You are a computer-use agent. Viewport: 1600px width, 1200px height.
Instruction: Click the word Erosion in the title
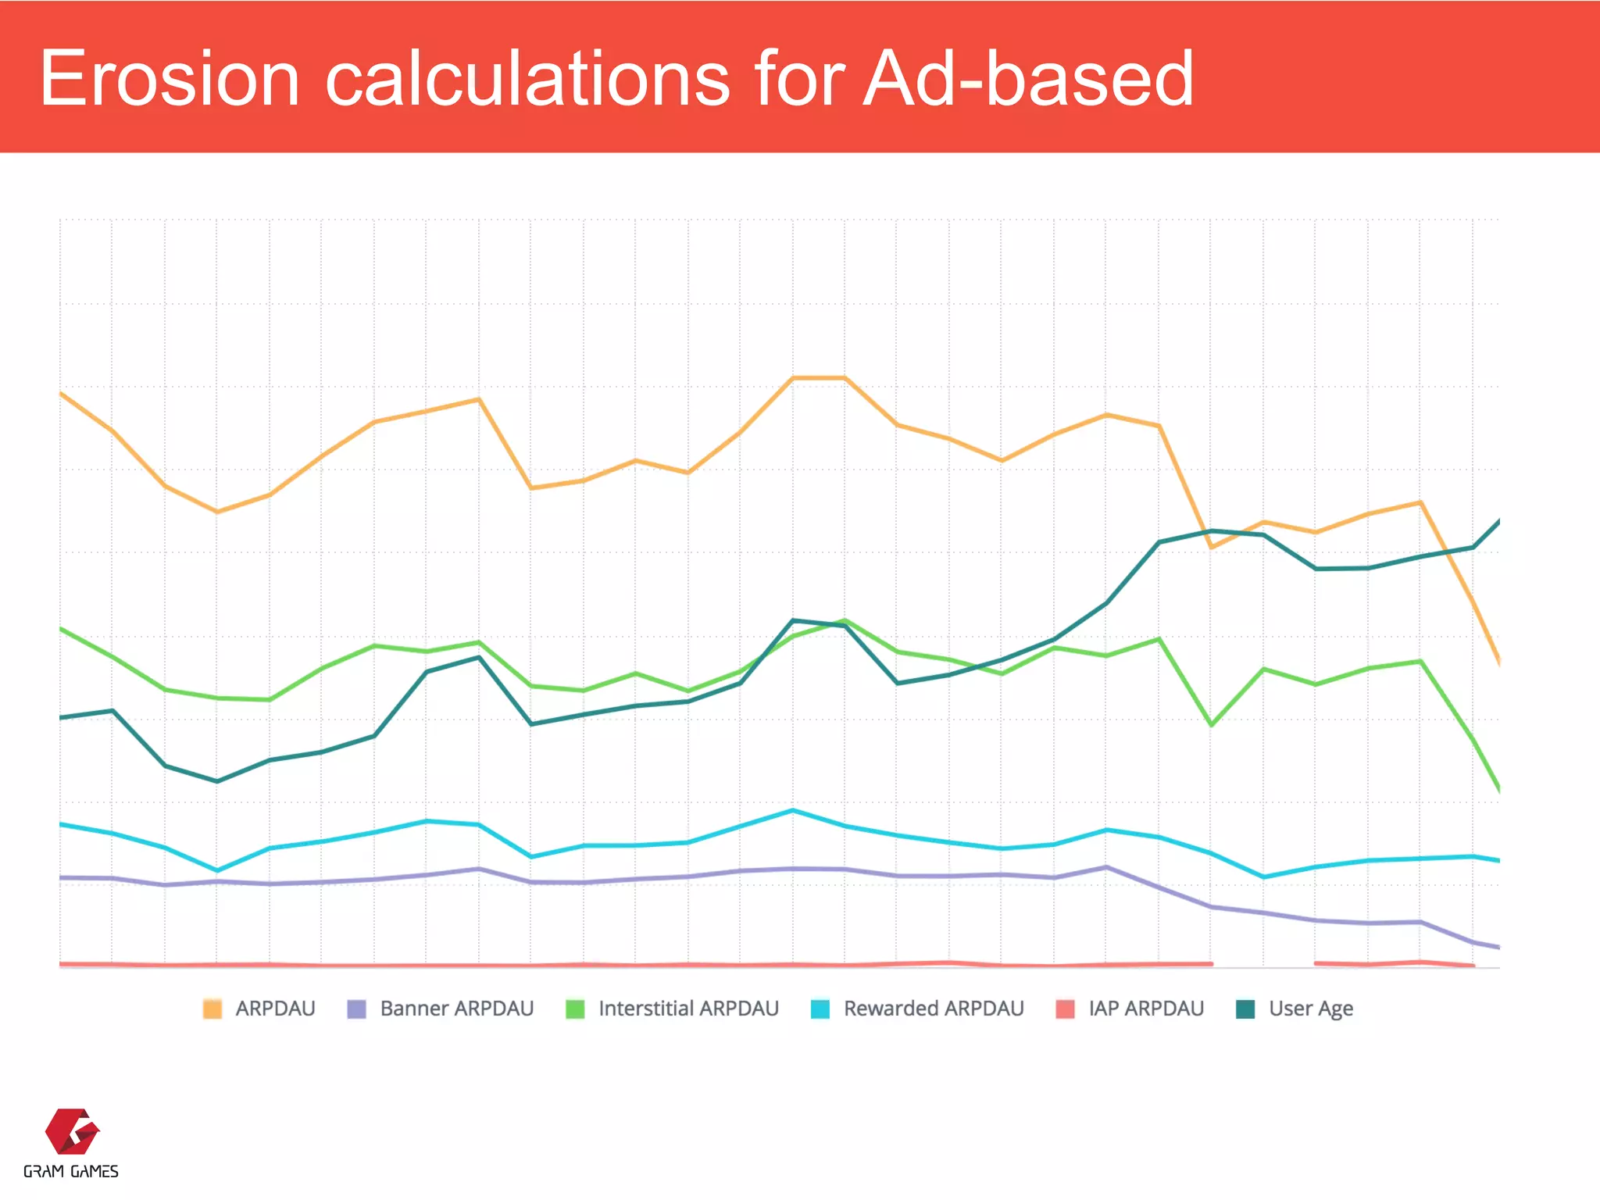[x=170, y=78]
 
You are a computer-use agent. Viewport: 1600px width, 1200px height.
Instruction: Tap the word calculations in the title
[x=527, y=78]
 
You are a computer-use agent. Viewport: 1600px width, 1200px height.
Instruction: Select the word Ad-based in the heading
[x=1028, y=78]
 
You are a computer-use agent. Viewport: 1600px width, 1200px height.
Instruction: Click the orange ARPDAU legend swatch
[x=212, y=1009]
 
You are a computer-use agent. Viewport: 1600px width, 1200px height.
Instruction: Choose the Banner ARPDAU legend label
[x=456, y=1009]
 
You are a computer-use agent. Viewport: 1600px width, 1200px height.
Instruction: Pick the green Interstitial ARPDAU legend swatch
[x=575, y=1009]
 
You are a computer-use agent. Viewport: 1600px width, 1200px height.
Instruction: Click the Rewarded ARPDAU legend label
[x=933, y=1009]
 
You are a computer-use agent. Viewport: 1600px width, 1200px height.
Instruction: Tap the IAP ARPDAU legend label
[x=1145, y=1009]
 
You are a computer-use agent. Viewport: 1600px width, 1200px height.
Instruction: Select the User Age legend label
[x=1310, y=1009]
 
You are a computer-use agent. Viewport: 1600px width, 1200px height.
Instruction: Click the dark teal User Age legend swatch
[x=1245, y=1009]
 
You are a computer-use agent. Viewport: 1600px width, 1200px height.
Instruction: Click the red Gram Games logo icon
[x=72, y=1130]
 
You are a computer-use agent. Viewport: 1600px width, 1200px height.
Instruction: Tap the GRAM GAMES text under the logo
[x=71, y=1171]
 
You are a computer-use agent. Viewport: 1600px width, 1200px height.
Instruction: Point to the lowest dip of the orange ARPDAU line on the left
[x=217, y=512]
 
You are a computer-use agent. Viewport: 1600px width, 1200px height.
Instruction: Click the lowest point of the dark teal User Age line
[x=217, y=781]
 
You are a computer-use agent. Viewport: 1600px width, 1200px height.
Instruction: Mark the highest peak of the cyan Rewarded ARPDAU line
[x=793, y=810]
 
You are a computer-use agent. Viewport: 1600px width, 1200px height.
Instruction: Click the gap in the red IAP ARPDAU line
[x=1263, y=964]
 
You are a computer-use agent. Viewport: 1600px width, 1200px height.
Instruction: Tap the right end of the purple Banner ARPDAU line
[x=1498, y=947]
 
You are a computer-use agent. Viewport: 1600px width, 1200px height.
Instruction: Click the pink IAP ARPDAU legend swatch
[x=1065, y=1009]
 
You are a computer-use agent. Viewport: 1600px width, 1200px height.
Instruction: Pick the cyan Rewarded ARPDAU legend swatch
[x=820, y=1009]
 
